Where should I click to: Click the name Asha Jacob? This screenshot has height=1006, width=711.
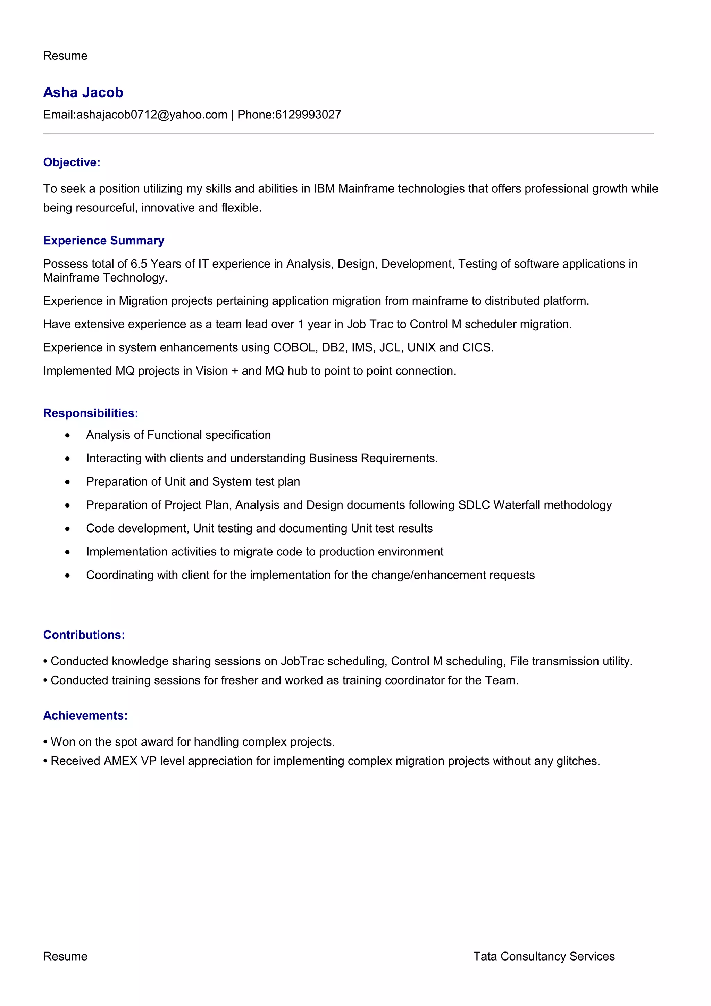pyautogui.click(x=83, y=92)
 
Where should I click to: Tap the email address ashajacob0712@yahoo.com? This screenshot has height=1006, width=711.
pyautogui.click(x=152, y=115)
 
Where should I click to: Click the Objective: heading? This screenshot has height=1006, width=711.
pyautogui.click(x=72, y=162)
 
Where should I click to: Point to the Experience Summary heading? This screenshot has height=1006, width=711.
pyautogui.click(x=103, y=241)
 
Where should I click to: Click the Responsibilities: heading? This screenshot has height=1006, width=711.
pyautogui.click(x=91, y=413)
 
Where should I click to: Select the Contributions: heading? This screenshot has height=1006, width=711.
pyautogui.click(x=84, y=635)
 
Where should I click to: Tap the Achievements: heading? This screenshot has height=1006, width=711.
pyautogui.click(x=85, y=715)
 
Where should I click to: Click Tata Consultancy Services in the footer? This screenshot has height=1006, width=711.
pyautogui.click(x=544, y=956)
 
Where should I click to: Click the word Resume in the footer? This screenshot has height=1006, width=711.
pyautogui.click(x=65, y=956)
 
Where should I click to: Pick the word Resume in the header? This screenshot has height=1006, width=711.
pyautogui.click(x=65, y=56)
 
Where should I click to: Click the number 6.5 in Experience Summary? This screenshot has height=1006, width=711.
pyautogui.click(x=139, y=264)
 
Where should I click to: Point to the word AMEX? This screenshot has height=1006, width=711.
pyautogui.click(x=120, y=761)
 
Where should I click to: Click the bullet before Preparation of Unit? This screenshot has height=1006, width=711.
pyautogui.click(x=67, y=482)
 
